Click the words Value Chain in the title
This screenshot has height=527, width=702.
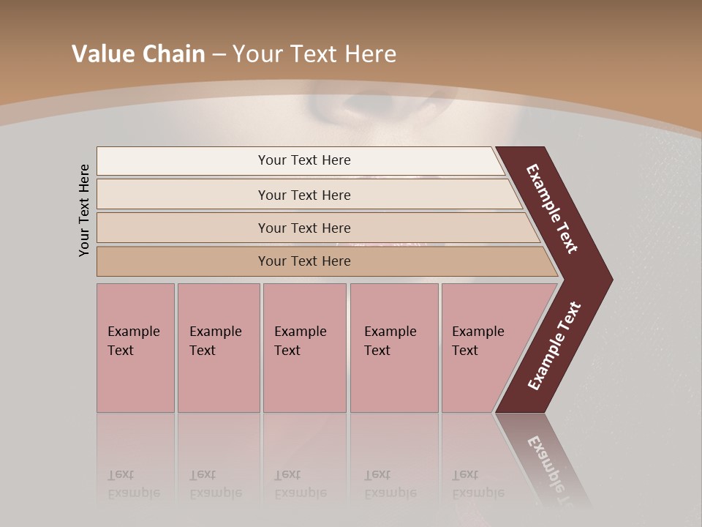[138, 54]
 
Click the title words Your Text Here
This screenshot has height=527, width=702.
[314, 54]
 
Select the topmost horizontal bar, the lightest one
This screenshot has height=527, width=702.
[183, 161]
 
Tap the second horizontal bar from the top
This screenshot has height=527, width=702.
[183, 195]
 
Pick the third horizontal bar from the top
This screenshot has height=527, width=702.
[183, 228]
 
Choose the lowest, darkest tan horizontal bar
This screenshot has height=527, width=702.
[183, 261]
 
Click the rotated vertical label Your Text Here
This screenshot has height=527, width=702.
[84, 210]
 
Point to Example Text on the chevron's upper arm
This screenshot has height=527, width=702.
[552, 209]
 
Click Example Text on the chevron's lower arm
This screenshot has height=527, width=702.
[554, 346]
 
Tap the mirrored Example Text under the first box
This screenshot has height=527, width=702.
[134, 484]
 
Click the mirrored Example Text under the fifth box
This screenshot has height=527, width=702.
[478, 484]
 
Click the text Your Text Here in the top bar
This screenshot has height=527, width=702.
[304, 160]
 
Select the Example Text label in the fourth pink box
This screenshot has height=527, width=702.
[390, 340]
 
